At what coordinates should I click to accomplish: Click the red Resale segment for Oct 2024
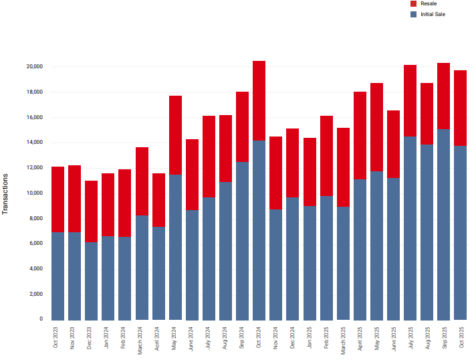[259, 100]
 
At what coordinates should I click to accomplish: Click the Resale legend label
[429, 4]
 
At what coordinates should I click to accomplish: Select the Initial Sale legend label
[433, 14]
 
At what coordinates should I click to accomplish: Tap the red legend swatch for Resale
[413, 4]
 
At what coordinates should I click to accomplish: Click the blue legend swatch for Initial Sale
[413, 14]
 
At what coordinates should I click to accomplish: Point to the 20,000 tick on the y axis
[35, 67]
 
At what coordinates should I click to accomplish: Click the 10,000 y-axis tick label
[35, 193]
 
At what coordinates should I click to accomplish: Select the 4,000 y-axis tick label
[36, 269]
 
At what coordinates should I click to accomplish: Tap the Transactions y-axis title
[6, 193]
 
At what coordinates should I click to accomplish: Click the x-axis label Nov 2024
[276, 338]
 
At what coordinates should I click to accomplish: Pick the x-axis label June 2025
[394, 338]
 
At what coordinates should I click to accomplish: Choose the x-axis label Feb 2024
[125, 338]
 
